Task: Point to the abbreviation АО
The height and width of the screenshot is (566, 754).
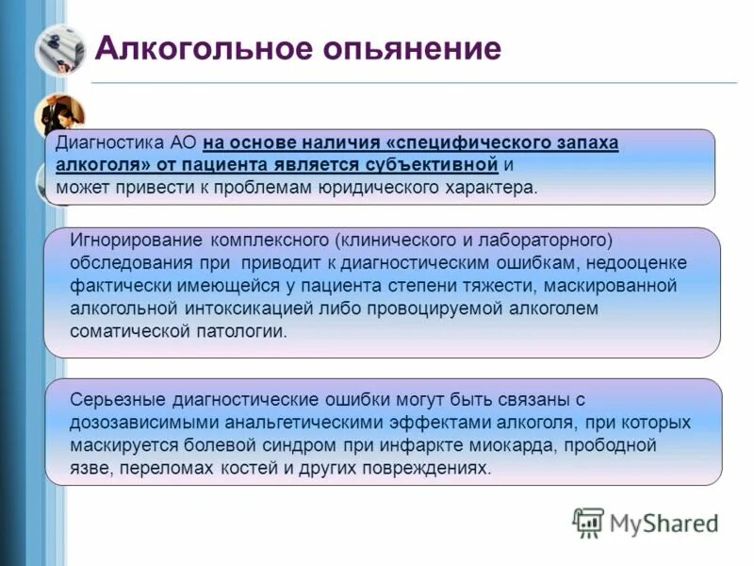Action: [x=184, y=143]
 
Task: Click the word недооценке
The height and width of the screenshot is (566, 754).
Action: [x=641, y=263]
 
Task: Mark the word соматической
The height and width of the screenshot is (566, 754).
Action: [x=123, y=331]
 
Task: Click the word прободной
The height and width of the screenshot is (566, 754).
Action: [x=614, y=444]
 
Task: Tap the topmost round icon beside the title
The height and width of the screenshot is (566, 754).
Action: [x=60, y=50]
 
